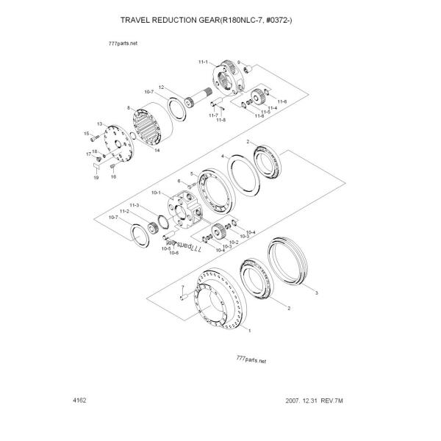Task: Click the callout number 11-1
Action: (x=203, y=63)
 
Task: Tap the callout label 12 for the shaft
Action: (x=171, y=87)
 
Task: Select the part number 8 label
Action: (x=129, y=107)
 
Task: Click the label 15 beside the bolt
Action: (x=86, y=133)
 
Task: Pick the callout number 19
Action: (x=96, y=178)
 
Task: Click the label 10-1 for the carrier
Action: (x=155, y=193)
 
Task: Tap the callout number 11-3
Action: (x=135, y=204)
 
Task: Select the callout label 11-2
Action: (x=125, y=211)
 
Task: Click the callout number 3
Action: (x=316, y=293)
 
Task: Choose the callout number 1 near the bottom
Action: (x=250, y=331)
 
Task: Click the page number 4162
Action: (x=81, y=401)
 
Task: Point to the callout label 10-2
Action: (x=233, y=242)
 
